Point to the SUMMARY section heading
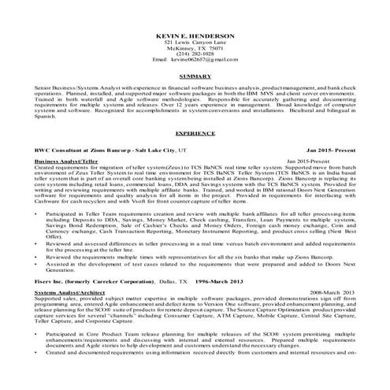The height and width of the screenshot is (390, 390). (x=194, y=77)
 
